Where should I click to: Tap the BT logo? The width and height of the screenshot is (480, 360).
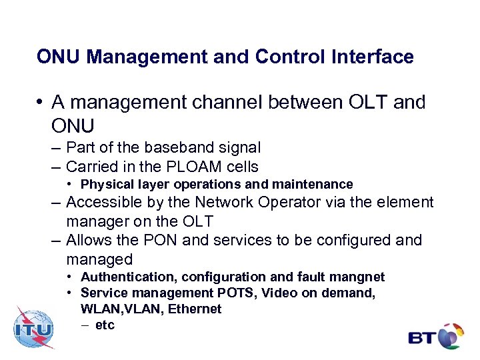(436, 335)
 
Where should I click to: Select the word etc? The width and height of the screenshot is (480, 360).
(105, 325)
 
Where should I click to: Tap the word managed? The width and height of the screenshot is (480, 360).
(99, 259)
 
